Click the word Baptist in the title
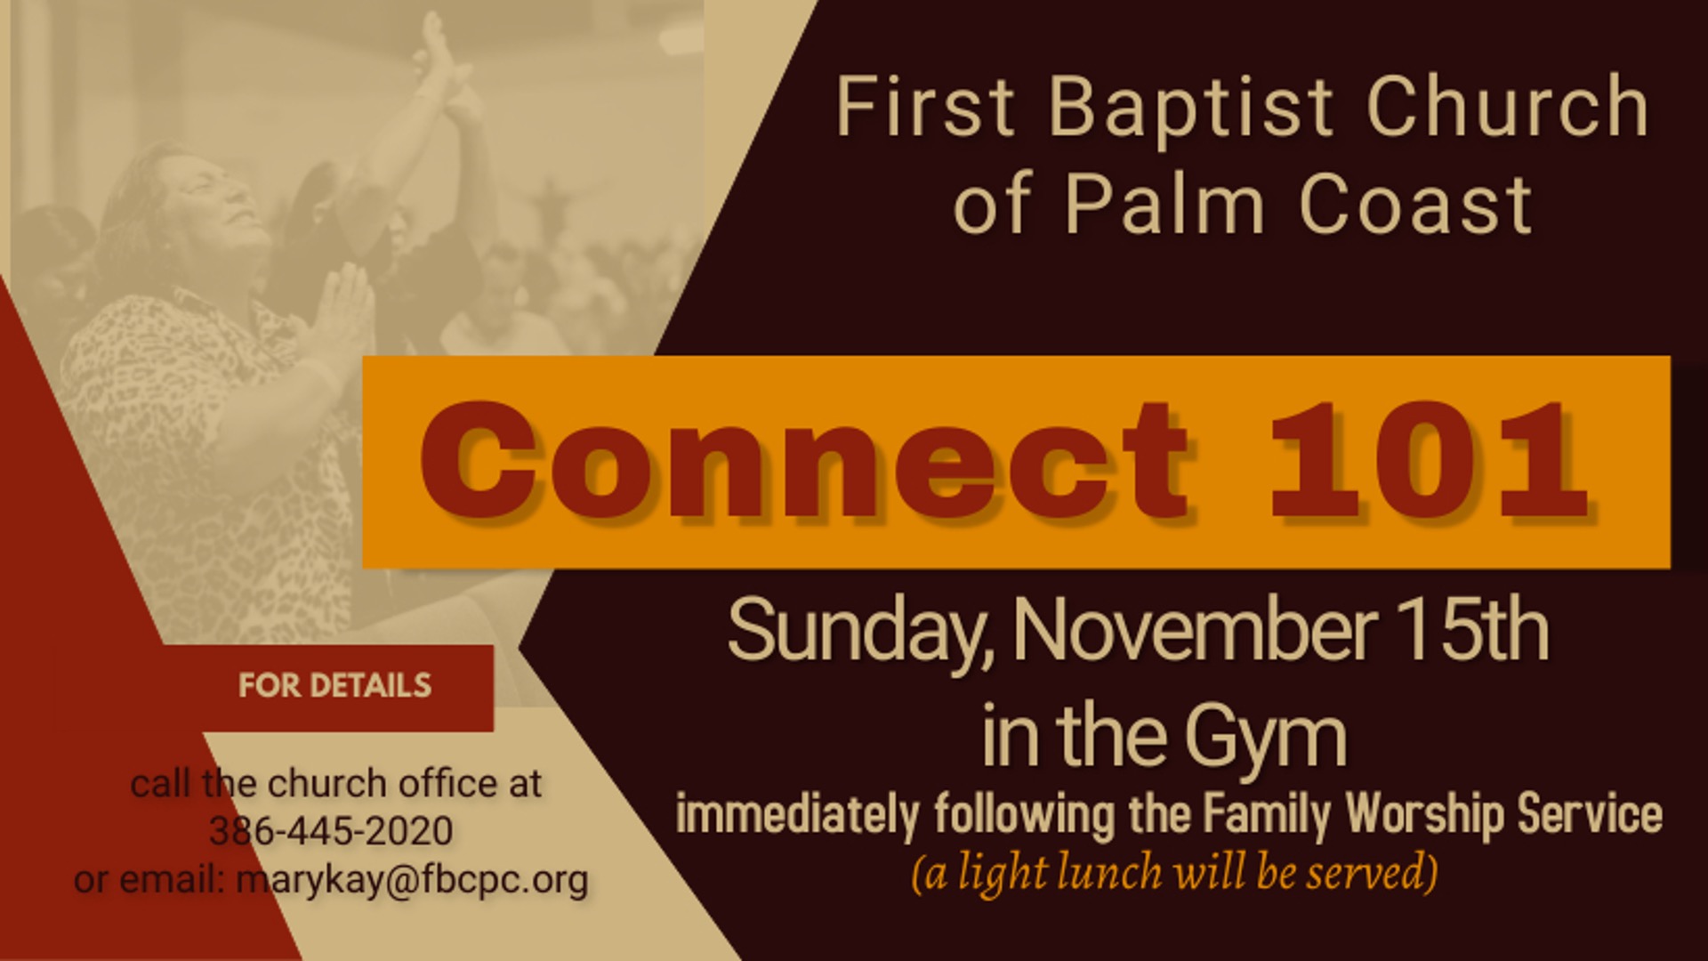pos(1192,109)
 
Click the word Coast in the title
pos(1415,204)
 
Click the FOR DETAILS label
pos(334,686)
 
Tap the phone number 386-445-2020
pos(331,831)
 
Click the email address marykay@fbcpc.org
pos(412,880)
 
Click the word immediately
pos(797,815)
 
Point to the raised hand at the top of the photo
pos(440,49)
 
